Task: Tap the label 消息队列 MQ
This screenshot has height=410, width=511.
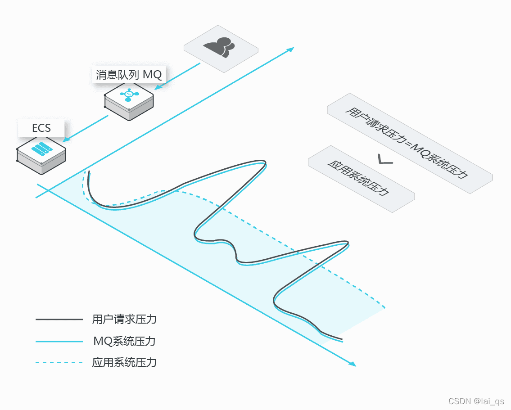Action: pyautogui.click(x=129, y=75)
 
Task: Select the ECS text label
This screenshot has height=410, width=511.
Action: pyautogui.click(x=41, y=128)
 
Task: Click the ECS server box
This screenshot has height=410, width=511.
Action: pyautogui.click(x=41, y=155)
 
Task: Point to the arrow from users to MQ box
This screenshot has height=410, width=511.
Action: pyautogui.click(x=177, y=76)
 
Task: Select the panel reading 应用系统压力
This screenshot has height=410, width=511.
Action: pyautogui.click(x=361, y=178)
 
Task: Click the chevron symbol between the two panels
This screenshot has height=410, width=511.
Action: pyautogui.click(x=385, y=159)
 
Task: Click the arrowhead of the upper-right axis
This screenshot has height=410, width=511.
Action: pyautogui.click(x=290, y=49)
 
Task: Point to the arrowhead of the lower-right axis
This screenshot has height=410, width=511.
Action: pyautogui.click(x=352, y=363)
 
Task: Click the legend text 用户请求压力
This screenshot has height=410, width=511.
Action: pyautogui.click(x=124, y=320)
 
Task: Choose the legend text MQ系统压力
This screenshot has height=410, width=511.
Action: pyautogui.click(x=124, y=341)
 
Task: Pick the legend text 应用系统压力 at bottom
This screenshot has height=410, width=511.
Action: pyautogui.click(x=124, y=362)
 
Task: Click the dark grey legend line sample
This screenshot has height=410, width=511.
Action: pyautogui.click(x=59, y=320)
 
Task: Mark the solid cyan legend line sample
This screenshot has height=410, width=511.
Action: pyautogui.click(x=59, y=342)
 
